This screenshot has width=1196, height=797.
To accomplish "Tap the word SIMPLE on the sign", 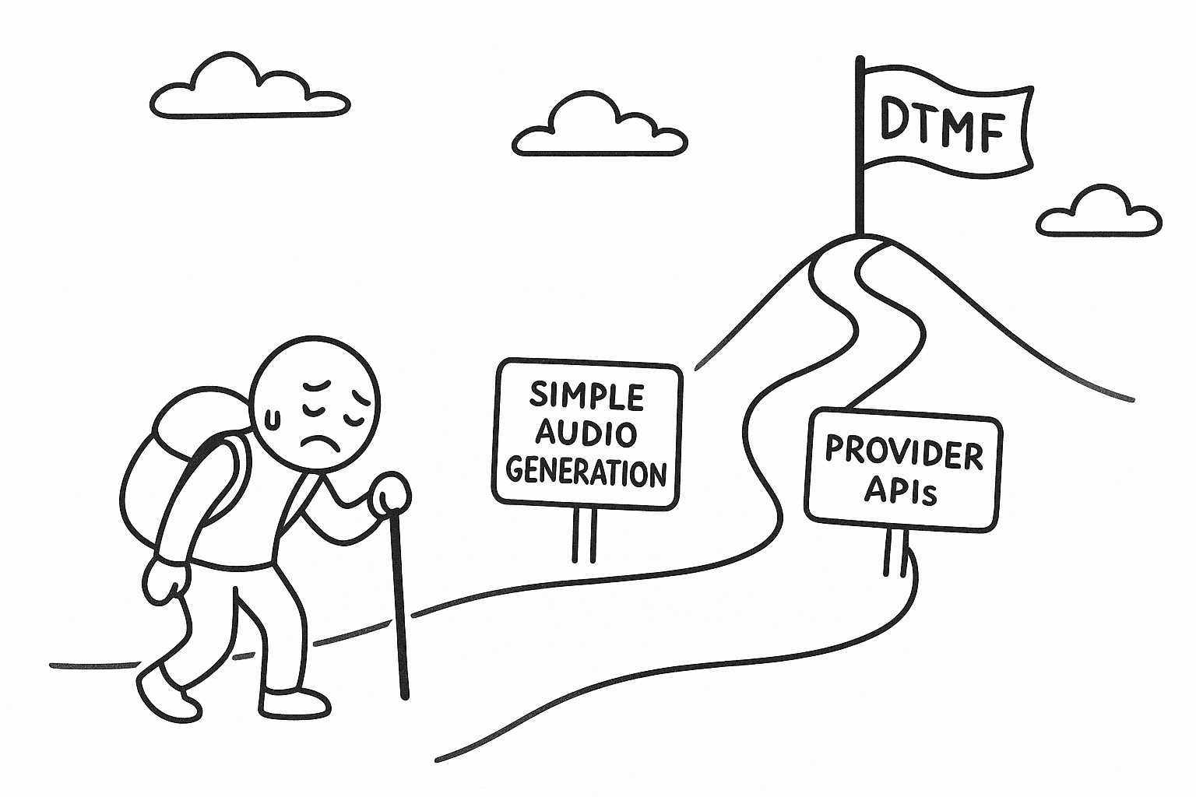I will point(587,396).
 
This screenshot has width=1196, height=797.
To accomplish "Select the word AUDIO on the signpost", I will point(587,434).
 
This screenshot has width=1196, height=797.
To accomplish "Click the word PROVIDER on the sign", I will point(903,453).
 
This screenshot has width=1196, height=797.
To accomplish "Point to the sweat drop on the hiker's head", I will point(272,420).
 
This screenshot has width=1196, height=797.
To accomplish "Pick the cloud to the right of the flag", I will point(1098,212).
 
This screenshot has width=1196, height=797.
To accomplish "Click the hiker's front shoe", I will point(294,703).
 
